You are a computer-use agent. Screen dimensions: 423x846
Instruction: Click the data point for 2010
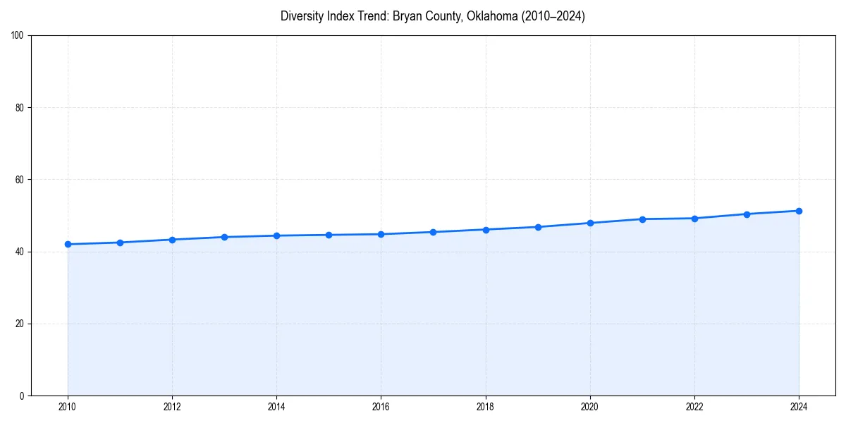tap(68, 244)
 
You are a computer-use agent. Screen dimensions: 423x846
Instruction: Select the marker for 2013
tap(224, 237)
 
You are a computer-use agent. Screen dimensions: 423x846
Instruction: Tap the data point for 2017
tap(433, 232)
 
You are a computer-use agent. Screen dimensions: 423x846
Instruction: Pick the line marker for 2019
tap(538, 227)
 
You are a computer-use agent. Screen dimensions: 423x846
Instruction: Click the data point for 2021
tap(642, 219)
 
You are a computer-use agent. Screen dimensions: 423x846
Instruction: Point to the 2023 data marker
tap(747, 214)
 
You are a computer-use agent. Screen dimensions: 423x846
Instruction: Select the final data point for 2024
tap(799, 211)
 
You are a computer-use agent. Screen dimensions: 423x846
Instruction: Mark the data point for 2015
tap(329, 235)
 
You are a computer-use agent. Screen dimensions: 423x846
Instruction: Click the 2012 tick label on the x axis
tap(172, 407)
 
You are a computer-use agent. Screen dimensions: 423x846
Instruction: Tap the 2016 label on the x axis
tap(381, 407)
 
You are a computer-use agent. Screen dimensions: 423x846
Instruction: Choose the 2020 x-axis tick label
tap(590, 407)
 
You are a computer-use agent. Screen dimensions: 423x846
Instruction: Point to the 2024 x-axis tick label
tap(799, 407)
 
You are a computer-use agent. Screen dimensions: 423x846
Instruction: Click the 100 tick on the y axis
tap(18, 36)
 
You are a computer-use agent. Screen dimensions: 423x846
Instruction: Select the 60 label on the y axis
tap(20, 180)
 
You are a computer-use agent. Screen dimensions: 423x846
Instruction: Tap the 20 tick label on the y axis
tap(20, 324)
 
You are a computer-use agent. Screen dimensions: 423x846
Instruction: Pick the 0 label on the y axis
tap(22, 396)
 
